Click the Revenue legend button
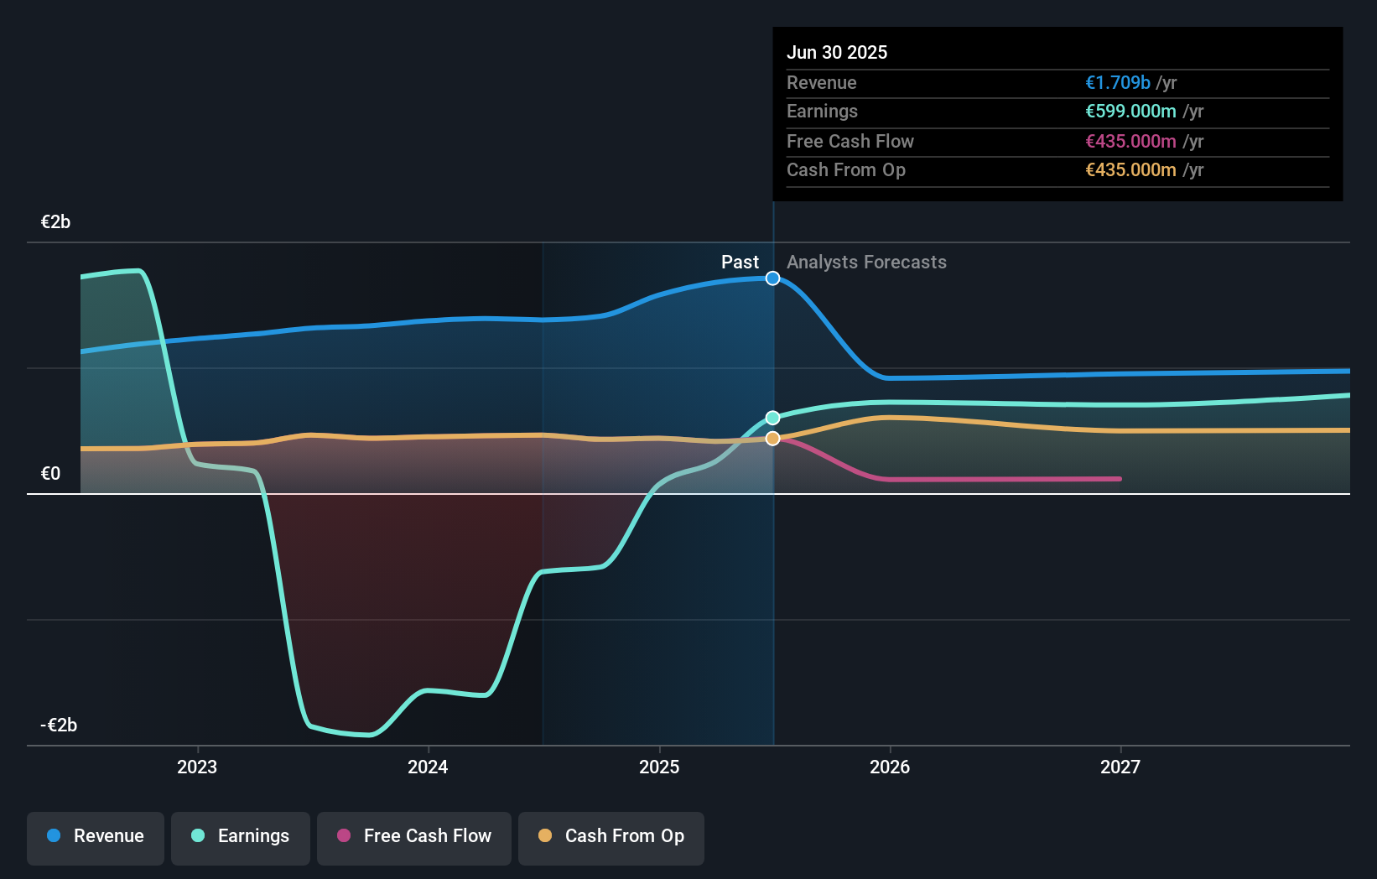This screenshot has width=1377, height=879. [x=96, y=836]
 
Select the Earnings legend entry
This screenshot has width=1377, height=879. [x=241, y=836]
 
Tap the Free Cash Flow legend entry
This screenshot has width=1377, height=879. [x=414, y=836]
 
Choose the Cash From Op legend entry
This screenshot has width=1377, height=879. [x=611, y=836]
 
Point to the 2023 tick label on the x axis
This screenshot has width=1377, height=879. [x=197, y=767]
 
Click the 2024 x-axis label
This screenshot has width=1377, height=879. [x=428, y=767]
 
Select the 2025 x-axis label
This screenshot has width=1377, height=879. [x=659, y=767]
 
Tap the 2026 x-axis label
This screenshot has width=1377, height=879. [x=890, y=767]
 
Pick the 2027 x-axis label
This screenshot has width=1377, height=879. [x=1120, y=767]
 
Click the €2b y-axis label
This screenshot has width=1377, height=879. [x=55, y=222]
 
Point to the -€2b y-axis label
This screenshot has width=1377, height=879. [x=59, y=726]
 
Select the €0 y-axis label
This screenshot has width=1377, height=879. [x=50, y=474]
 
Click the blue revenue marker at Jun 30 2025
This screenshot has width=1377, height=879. [x=773, y=278]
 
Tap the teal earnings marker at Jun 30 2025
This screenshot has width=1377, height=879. [x=773, y=418]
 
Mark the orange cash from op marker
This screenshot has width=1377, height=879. [x=773, y=439]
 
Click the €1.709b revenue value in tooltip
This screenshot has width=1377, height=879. [x=1118, y=82]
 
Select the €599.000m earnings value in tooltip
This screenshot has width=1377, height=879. [x=1130, y=112]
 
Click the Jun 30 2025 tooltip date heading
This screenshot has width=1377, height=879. [x=836, y=52]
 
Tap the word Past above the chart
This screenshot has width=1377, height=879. [x=740, y=263]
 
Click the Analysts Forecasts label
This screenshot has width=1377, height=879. [x=866, y=263]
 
